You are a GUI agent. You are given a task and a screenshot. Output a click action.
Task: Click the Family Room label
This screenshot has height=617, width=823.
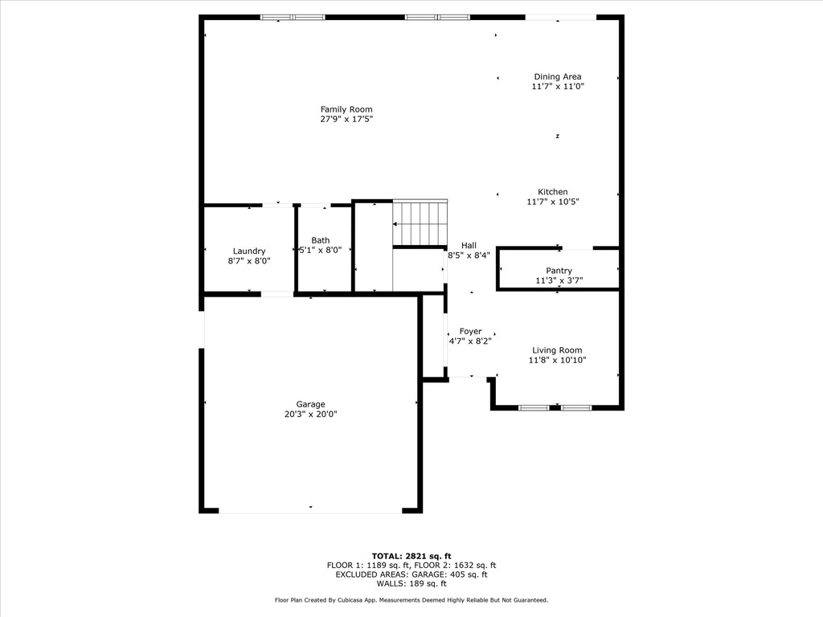click(346, 109)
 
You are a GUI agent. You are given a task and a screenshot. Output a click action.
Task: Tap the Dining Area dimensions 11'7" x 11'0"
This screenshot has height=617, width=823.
click(557, 87)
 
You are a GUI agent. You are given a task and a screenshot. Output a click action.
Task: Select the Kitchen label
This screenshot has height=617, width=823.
click(553, 192)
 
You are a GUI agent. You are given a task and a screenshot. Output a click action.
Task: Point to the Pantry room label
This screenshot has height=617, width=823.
click(559, 271)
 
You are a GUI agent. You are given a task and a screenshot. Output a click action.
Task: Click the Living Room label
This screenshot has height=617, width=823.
click(557, 350)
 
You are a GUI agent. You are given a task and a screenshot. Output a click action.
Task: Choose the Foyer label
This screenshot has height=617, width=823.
click(470, 331)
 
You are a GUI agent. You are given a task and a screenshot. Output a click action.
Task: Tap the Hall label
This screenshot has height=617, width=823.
click(469, 246)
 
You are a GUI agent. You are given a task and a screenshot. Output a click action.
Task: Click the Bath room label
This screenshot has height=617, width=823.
click(321, 240)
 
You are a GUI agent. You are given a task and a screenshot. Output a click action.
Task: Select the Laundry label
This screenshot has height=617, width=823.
click(249, 251)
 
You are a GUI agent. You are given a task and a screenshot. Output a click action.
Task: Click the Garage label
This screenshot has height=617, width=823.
click(310, 405)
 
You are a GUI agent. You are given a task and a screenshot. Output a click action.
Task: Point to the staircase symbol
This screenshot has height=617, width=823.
click(420, 223)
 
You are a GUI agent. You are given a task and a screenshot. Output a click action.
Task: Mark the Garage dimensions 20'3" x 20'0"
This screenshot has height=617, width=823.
click(310, 415)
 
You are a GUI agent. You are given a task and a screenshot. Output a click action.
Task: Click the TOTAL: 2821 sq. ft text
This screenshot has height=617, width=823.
click(411, 556)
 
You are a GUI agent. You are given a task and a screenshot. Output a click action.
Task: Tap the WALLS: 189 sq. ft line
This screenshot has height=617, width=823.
click(411, 583)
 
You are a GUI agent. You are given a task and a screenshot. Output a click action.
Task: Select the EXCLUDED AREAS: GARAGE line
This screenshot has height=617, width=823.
click(411, 574)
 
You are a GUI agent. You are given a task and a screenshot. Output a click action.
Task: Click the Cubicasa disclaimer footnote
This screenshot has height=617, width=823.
click(411, 600)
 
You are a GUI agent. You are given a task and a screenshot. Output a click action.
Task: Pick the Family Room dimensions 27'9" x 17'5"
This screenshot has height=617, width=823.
click(346, 119)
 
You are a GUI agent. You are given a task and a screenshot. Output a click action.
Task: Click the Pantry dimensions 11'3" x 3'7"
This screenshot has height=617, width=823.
click(559, 281)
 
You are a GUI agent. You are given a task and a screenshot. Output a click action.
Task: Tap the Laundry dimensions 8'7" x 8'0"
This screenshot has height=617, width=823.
click(249, 261)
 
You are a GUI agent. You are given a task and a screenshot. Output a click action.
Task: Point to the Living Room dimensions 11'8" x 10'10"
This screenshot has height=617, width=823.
click(557, 361)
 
